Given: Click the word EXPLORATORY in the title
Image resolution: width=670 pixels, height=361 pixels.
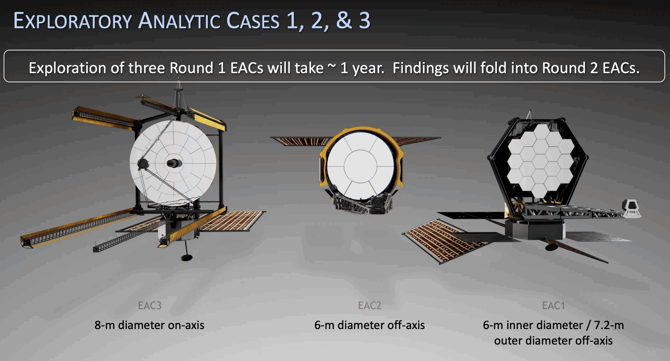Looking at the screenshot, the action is (x=72, y=21).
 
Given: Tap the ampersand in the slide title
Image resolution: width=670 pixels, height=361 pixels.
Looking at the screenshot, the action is (x=344, y=20).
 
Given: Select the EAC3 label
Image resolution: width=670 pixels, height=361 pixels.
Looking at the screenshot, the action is (x=150, y=305).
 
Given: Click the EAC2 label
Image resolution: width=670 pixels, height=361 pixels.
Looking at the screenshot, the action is (x=370, y=305).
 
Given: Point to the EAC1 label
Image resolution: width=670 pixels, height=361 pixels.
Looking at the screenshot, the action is (x=553, y=305).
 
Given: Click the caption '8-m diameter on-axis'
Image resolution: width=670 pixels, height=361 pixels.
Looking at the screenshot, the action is (x=149, y=325).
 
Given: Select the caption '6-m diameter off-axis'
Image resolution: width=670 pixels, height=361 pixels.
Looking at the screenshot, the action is (x=369, y=325).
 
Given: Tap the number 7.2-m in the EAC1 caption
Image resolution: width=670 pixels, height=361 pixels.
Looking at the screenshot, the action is (x=609, y=325).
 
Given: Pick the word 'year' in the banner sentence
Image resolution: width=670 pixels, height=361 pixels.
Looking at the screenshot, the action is (x=368, y=69).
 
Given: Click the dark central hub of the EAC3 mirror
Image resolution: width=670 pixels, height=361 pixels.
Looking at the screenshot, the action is (x=174, y=163).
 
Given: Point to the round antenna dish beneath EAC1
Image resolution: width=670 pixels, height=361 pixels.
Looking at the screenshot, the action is (x=551, y=247).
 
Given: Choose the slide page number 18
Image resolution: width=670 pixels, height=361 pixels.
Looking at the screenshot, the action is (x=651, y=353).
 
